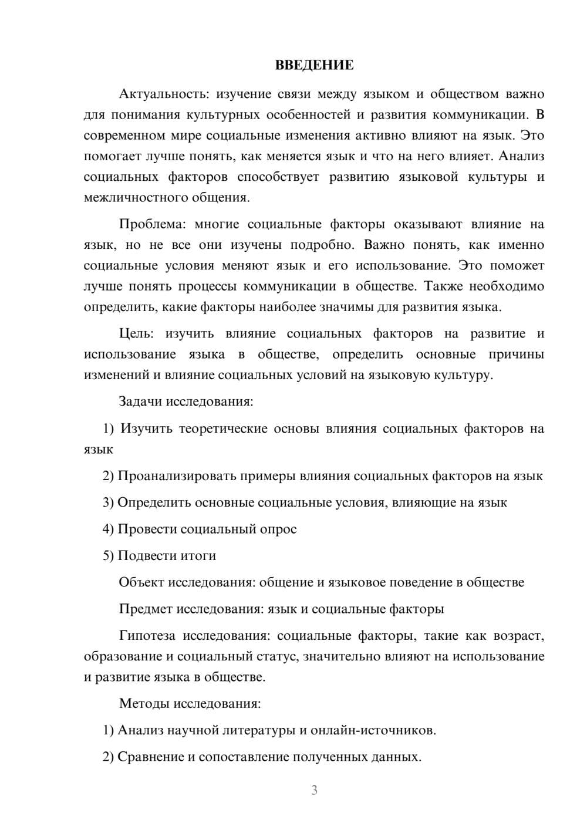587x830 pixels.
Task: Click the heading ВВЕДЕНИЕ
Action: tap(314, 66)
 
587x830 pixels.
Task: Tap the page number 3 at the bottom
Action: tap(314, 790)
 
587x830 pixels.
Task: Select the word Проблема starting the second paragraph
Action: tap(150, 224)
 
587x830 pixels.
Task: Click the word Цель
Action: tap(136, 334)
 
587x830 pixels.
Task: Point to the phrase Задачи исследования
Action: tap(185, 402)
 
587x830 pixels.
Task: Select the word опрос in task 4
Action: tap(278, 529)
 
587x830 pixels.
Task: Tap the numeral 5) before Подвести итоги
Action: tap(108, 555)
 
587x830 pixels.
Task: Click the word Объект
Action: tap(141, 582)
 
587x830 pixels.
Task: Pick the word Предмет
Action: tap(146, 609)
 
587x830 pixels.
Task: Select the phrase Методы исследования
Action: tap(190, 703)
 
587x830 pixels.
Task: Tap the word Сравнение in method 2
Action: tap(150, 757)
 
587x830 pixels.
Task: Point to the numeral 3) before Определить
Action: tap(108, 502)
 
